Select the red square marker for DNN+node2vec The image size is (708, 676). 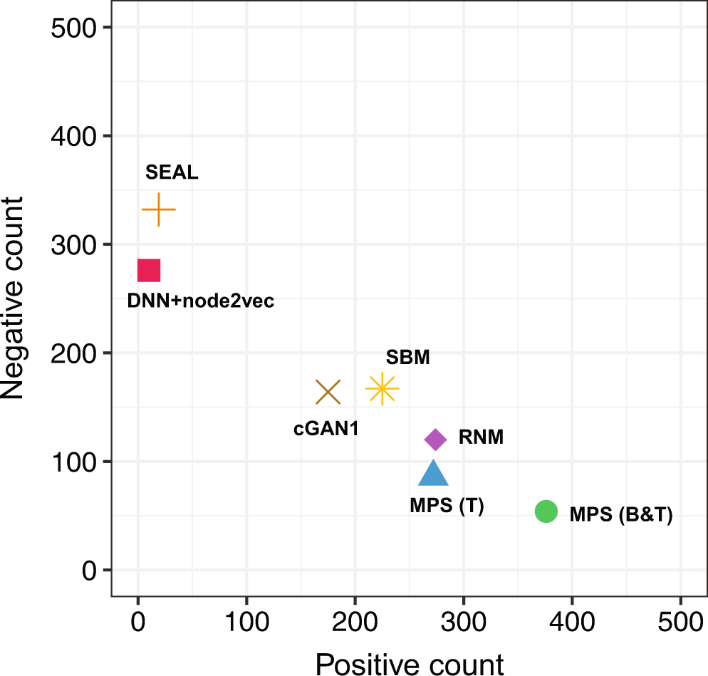click(x=149, y=271)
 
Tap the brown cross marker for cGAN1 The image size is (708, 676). click(x=328, y=392)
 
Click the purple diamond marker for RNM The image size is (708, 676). click(x=435, y=440)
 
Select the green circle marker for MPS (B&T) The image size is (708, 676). click(x=546, y=511)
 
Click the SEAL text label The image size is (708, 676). click(x=172, y=173)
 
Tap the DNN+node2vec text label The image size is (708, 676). click(x=200, y=302)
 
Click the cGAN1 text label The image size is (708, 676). click(x=327, y=429)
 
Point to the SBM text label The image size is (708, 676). click(x=407, y=358)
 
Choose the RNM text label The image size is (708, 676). click(x=481, y=438)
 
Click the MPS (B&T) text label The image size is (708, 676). click(x=620, y=514)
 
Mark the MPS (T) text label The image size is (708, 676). click(x=447, y=506)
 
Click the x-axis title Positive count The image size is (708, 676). click(x=410, y=662)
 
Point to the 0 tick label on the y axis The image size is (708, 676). click(x=90, y=571)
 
